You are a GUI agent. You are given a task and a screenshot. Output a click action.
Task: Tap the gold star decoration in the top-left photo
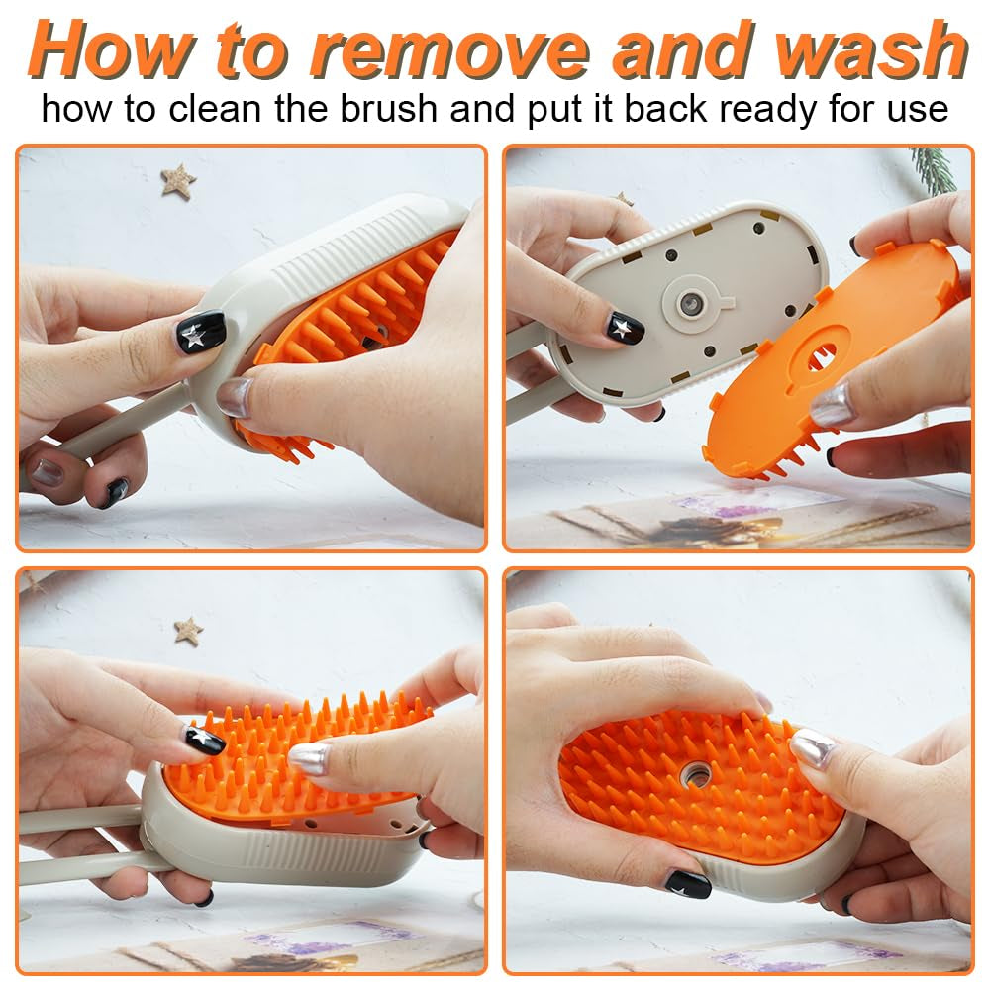[178, 181]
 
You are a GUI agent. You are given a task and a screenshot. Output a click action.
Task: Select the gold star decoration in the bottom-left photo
[188, 630]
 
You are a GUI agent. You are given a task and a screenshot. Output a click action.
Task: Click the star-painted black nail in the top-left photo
[200, 331]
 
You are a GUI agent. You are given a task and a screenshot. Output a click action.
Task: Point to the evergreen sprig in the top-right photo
[936, 168]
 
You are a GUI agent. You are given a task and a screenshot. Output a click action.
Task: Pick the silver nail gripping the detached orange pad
[832, 406]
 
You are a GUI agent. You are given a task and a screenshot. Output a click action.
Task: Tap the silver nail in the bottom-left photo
[310, 757]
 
